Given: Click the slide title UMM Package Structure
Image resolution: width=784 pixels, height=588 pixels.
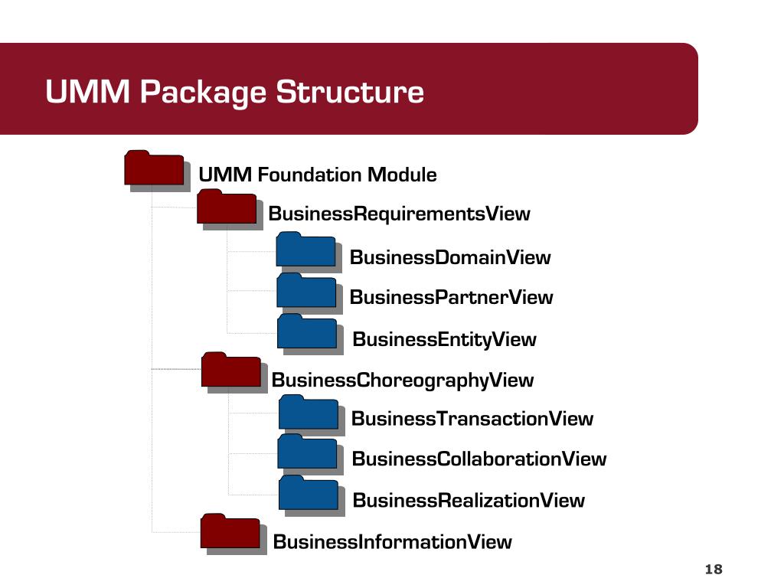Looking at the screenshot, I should coord(234,92).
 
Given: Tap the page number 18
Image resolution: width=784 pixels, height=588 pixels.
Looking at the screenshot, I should coord(713,569).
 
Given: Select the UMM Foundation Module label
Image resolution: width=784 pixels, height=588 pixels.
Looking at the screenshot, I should coord(318,175).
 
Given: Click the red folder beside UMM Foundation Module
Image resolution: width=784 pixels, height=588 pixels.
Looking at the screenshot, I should coord(155,169).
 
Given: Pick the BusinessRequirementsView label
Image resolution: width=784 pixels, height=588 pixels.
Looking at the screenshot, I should coord(399,214).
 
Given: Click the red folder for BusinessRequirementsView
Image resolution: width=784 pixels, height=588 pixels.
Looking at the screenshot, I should coord(227,208).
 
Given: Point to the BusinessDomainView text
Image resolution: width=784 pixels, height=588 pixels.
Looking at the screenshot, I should coord(449,257).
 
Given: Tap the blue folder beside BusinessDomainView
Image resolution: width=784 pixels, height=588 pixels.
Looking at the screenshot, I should coord(306,250).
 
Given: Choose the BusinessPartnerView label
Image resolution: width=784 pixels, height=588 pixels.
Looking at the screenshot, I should coord(451,297).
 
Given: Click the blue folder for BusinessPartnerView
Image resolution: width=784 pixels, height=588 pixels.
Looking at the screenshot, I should coord(306,291).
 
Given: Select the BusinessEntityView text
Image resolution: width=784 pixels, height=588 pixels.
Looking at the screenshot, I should coord(444,339).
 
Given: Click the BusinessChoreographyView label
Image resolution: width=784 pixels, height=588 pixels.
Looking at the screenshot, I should coord(403,381).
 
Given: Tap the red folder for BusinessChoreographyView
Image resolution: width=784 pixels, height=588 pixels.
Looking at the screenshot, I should coord(231,371).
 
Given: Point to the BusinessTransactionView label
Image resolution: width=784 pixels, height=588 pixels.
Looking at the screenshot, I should coord(472,419).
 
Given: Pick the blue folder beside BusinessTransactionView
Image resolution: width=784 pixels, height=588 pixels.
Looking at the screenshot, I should coord(309,413).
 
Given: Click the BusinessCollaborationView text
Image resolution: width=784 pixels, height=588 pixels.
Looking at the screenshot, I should coord(479,459).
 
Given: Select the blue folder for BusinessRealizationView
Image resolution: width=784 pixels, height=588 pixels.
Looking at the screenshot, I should coord(309,494).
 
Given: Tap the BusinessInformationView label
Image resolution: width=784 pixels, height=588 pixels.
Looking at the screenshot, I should coord(392,542).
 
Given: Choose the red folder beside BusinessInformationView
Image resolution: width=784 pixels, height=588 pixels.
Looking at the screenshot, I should coord(230,532).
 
